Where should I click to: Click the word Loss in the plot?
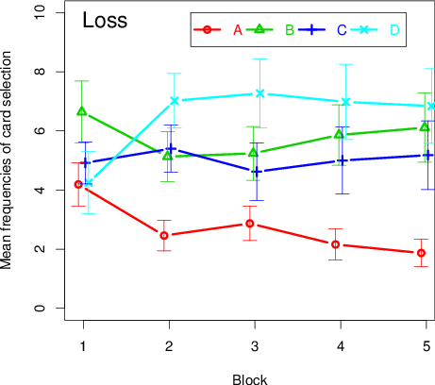click(105, 20)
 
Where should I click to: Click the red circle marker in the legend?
click(207, 30)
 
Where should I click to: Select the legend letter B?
click(290, 30)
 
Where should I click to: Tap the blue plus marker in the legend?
click(311, 30)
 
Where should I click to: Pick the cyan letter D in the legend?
click(394, 30)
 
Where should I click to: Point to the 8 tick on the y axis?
click(40, 72)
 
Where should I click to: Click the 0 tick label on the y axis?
click(40, 308)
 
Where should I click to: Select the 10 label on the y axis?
click(40, 12)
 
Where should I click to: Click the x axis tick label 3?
click(255, 346)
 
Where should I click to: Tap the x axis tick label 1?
click(83, 346)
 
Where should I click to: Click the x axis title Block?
click(250, 379)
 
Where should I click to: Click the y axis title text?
click(6, 160)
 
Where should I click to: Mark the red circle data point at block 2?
click(164, 235)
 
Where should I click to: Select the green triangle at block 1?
click(82, 110)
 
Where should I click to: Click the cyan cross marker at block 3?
click(259, 93)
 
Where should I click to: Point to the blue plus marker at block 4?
click(343, 160)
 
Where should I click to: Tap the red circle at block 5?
click(421, 253)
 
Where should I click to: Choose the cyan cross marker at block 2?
click(175, 101)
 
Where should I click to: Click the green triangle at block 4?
click(339, 134)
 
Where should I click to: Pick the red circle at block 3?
click(250, 224)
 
